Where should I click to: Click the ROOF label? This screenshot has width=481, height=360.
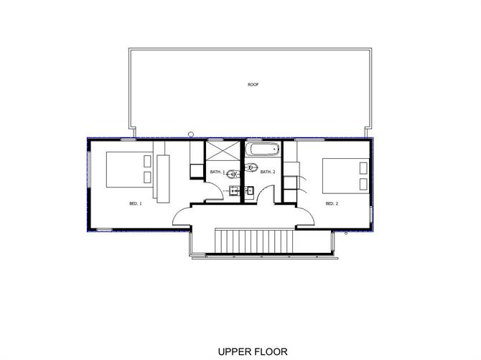click(253, 84)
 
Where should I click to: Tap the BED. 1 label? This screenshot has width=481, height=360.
click(136, 203)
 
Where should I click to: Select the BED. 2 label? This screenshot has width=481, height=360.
click(332, 203)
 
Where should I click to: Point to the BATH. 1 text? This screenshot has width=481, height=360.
click(218, 172)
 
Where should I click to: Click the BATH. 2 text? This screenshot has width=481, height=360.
click(268, 172)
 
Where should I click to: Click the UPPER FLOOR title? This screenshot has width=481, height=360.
click(253, 351)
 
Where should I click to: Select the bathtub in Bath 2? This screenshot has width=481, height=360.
click(264, 149)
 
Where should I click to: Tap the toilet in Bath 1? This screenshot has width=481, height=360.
click(233, 175)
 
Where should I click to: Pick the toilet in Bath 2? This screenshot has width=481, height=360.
click(251, 167)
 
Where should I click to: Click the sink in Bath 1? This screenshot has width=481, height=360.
click(234, 191)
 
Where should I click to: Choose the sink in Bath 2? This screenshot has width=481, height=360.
click(249, 190)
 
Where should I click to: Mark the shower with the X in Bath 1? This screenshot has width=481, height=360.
click(223, 151)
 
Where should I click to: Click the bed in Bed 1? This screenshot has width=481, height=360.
click(129, 170)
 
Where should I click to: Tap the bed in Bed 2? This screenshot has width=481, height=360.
click(346, 176)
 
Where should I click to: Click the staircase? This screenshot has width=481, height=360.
click(254, 241)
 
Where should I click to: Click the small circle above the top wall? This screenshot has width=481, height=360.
click(191, 134)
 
